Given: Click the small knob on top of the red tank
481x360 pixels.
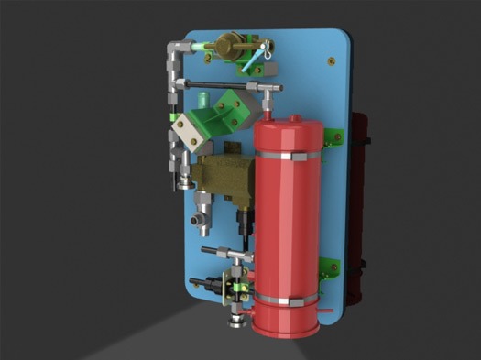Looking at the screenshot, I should pos(269,112).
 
